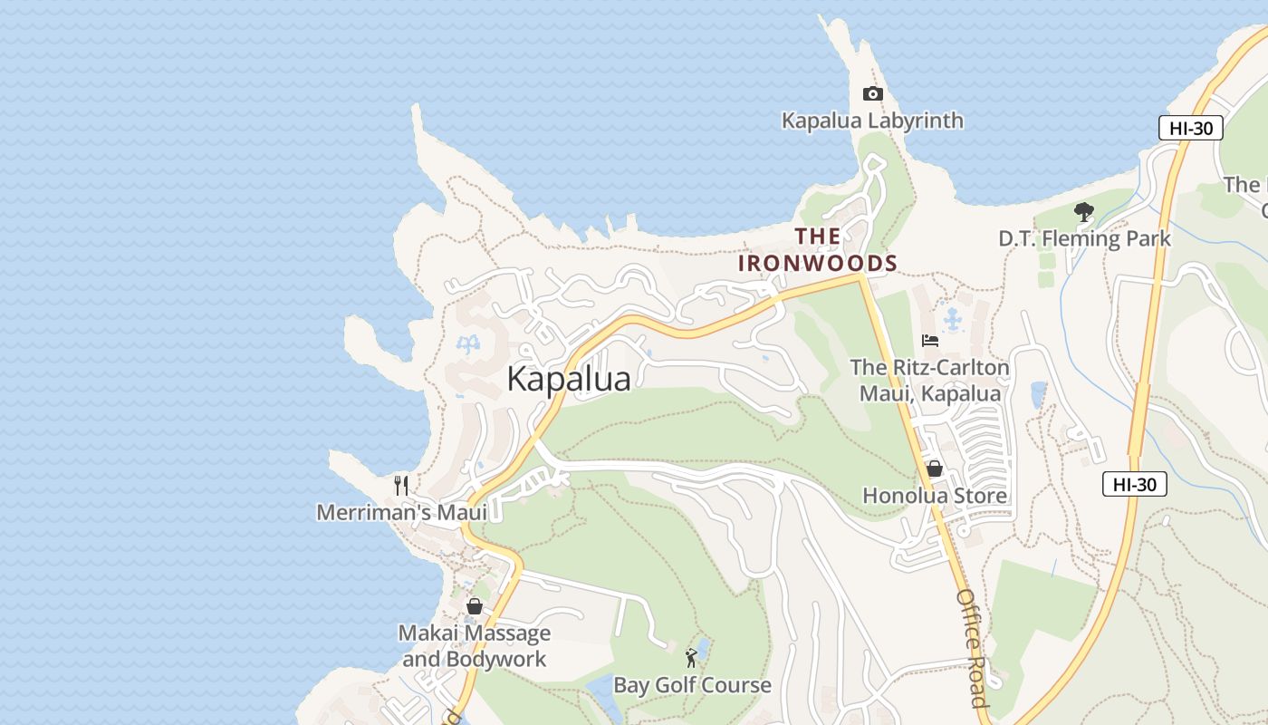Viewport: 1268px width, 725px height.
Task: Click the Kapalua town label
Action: tap(568, 379)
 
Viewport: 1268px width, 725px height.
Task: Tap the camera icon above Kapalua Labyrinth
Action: tap(872, 93)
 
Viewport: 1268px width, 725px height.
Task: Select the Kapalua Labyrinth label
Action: tap(872, 121)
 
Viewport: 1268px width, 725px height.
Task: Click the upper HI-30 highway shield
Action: tap(1190, 128)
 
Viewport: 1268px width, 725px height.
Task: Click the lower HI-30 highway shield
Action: tap(1134, 485)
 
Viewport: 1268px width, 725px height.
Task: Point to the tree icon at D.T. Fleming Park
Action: tap(1083, 213)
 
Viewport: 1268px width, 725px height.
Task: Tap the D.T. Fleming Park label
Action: tap(1084, 239)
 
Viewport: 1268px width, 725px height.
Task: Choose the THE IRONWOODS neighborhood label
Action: tap(818, 250)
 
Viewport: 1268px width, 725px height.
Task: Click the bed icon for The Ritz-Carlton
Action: tap(929, 341)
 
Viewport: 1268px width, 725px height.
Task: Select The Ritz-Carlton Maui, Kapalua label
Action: tap(929, 381)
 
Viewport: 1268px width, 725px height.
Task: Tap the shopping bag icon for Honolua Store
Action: tap(934, 469)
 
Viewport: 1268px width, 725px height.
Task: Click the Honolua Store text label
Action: tap(934, 496)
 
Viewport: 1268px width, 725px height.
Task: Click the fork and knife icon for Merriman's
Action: tap(401, 486)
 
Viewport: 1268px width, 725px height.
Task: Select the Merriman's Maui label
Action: tap(401, 513)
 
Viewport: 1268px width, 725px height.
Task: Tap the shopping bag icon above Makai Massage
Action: tap(474, 606)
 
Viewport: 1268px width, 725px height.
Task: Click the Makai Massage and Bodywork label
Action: tap(474, 646)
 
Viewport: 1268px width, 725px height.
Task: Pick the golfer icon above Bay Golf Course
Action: tap(692, 658)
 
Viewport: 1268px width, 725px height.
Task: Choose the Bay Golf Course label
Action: tap(692, 685)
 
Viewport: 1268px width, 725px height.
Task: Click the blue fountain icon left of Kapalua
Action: tap(467, 344)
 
